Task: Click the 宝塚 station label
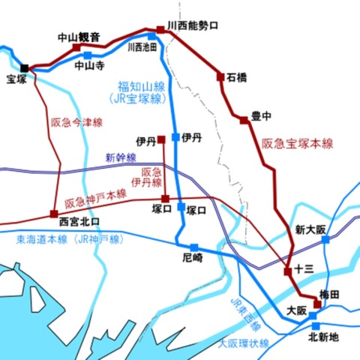16,79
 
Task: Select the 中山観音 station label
79,36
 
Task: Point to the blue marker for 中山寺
88,55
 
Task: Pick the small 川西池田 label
142,46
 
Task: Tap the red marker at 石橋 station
220,76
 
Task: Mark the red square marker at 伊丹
161,139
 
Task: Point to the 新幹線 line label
121,157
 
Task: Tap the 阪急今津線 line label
76,121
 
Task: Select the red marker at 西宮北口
53,213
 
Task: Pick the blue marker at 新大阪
325,240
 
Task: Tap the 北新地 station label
324,337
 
